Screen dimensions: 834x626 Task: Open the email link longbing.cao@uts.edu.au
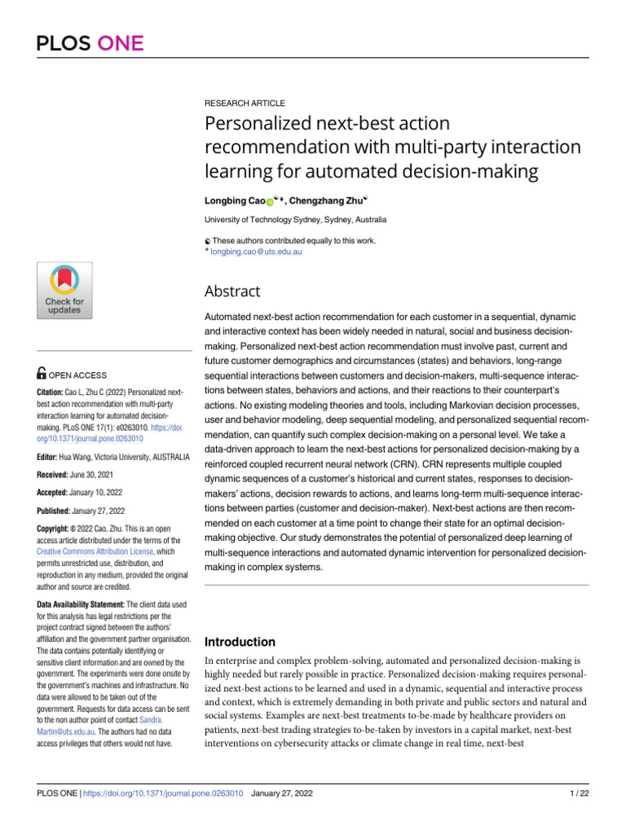coord(257,253)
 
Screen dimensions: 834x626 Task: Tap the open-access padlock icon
coord(42,375)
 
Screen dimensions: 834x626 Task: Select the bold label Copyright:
coord(57,528)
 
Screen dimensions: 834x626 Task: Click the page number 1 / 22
coord(576,793)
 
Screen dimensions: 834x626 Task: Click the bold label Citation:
coord(52,392)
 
